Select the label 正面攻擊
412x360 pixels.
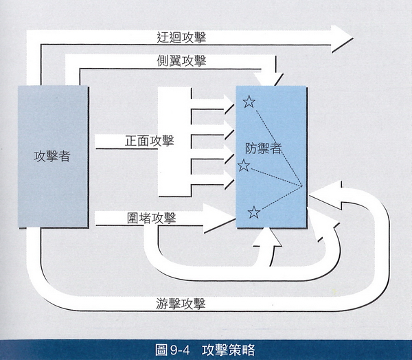149,141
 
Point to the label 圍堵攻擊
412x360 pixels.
152,218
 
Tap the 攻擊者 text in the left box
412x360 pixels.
51,156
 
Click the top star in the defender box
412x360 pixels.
249,102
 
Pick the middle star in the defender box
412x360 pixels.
244,166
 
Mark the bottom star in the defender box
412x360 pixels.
253,212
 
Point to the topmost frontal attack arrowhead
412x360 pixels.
228,102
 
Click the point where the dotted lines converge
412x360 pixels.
303,187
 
